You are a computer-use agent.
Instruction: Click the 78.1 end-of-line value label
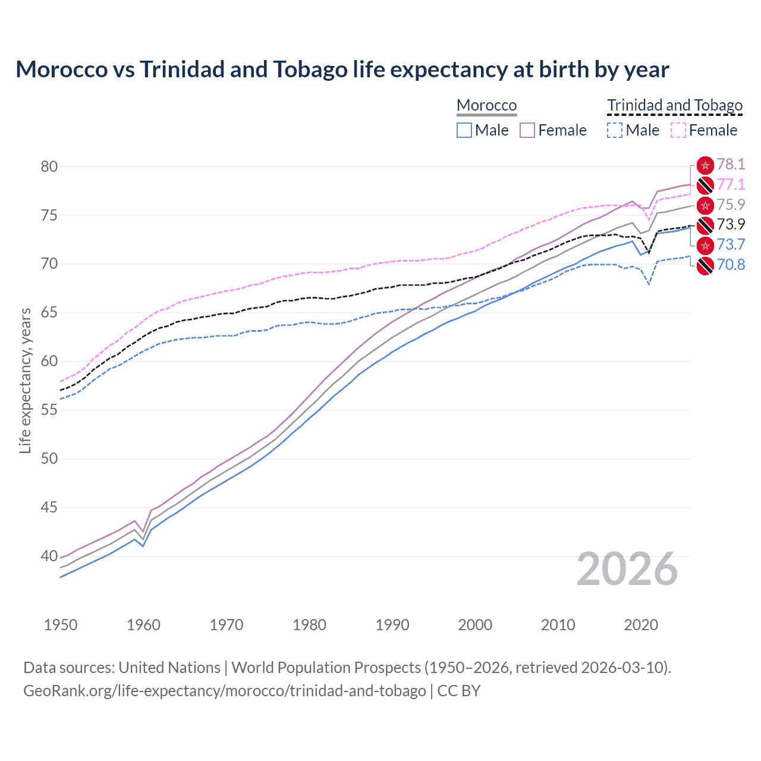(x=731, y=165)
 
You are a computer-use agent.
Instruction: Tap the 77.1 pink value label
(x=731, y=185)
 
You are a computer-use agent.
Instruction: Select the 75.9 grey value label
(x=731, y=205)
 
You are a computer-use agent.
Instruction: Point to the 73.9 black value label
(x=731, y=225)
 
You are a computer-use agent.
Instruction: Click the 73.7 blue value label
(x=731, y=244)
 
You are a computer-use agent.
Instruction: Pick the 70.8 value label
(x=731, y=265)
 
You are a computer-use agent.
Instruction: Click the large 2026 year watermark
(x=627, y=569)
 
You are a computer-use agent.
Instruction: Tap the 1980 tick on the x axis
(x=309, y=625)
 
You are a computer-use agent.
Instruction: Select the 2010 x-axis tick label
(x=558, y=625)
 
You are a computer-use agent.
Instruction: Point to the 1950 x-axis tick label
(x=61, y=625)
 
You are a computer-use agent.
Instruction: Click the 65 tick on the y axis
(x=49, y=313)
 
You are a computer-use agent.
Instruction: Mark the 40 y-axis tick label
(x=49, y=556)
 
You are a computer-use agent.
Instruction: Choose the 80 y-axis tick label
(x=49, y=166)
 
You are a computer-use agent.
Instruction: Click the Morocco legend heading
(x=486, y=105)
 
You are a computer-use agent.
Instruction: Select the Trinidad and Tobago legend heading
(x=675, y=105)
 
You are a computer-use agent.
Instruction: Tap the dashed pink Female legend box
(x=678, y=130)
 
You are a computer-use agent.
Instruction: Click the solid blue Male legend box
(x=464, y=130)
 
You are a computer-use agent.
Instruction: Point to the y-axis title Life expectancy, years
(x=25, y=380)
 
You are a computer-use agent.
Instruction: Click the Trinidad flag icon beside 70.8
(x=705, y=265)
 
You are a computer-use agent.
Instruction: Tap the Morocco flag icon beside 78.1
(x=705, y=165)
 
